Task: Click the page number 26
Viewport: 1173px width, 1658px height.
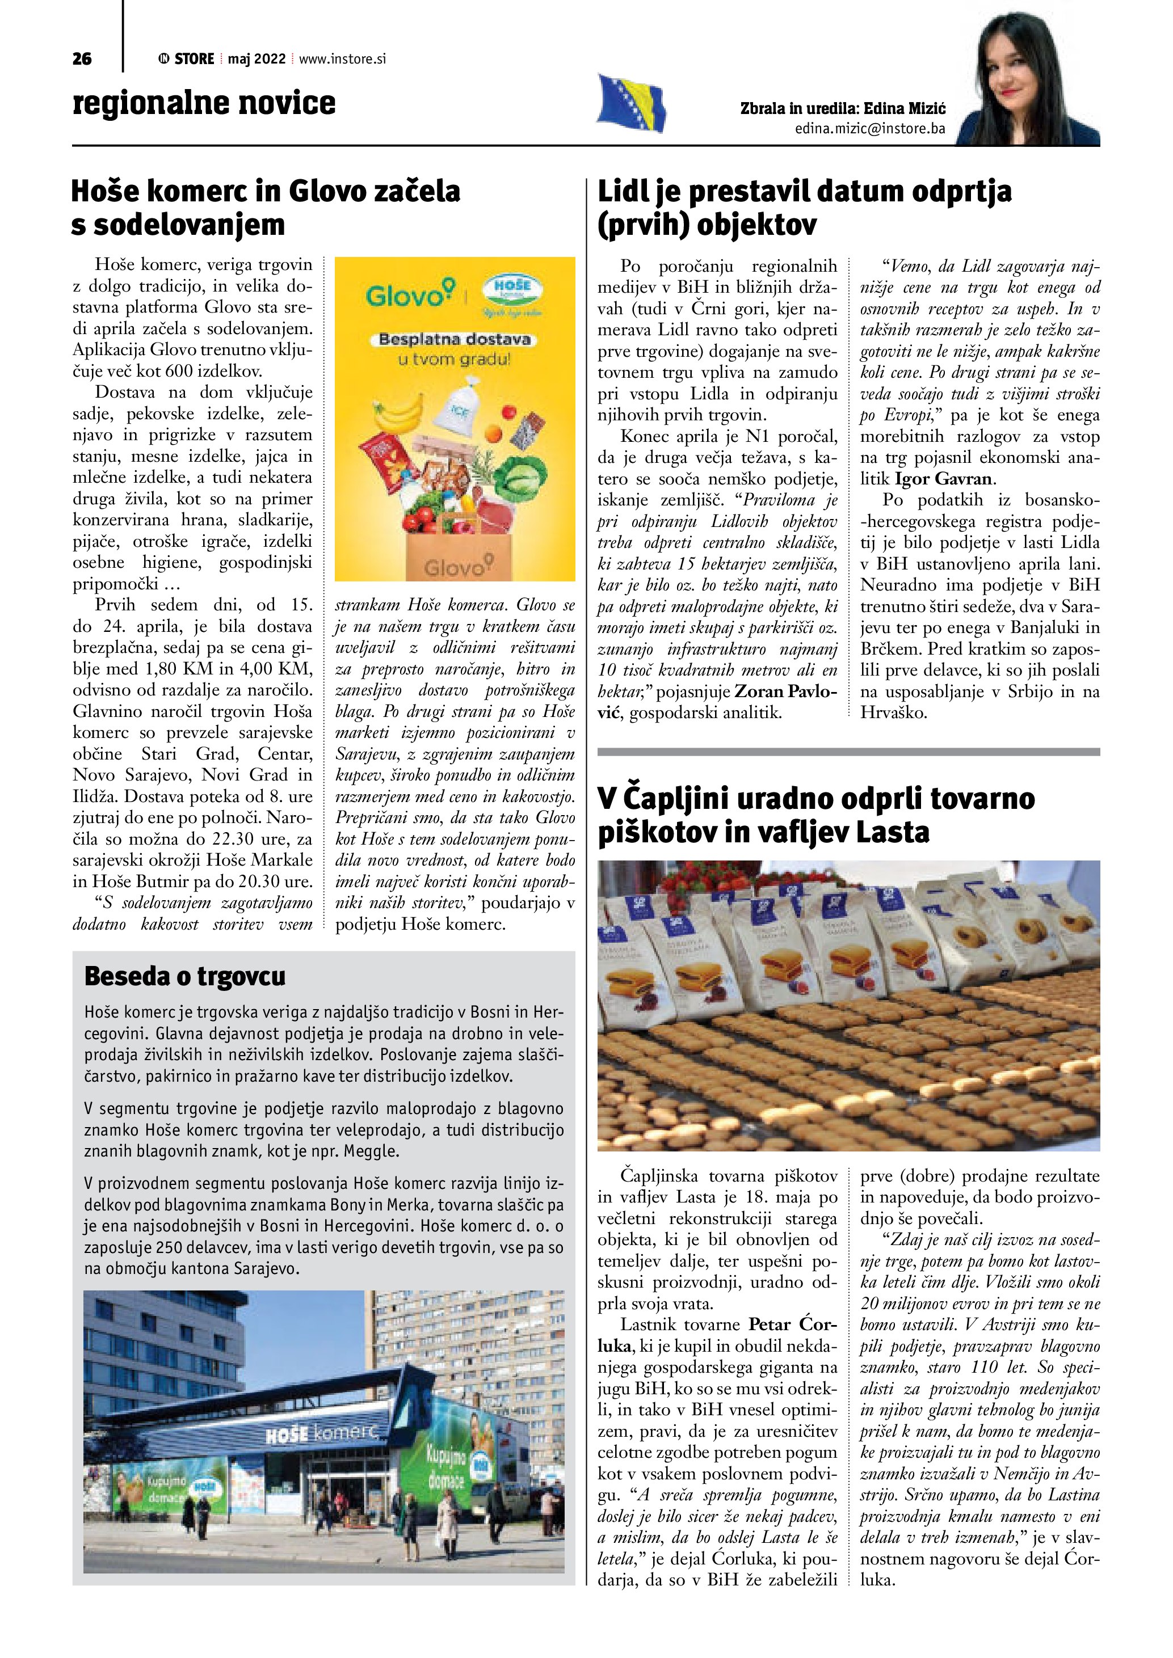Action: coord(82,59)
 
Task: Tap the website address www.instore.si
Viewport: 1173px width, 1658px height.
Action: coord(342,59)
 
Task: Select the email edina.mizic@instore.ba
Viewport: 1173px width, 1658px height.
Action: coord(869,129)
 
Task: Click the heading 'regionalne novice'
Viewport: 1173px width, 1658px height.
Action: coord(204,103)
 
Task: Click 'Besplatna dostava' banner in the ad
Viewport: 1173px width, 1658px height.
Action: coord(455,339)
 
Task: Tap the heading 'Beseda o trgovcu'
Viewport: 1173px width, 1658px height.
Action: coord(185,976)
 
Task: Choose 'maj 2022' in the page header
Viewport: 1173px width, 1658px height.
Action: coord(257,59)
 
